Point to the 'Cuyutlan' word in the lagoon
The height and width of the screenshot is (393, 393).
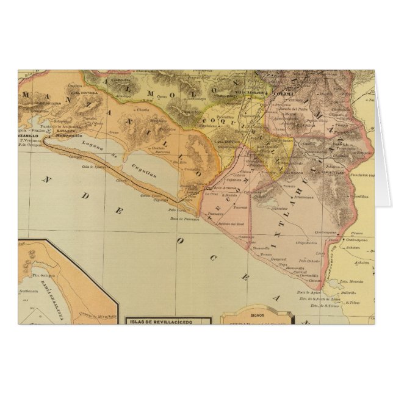(139, 169)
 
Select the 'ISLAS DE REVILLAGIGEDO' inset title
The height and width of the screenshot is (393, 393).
(167, 320)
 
